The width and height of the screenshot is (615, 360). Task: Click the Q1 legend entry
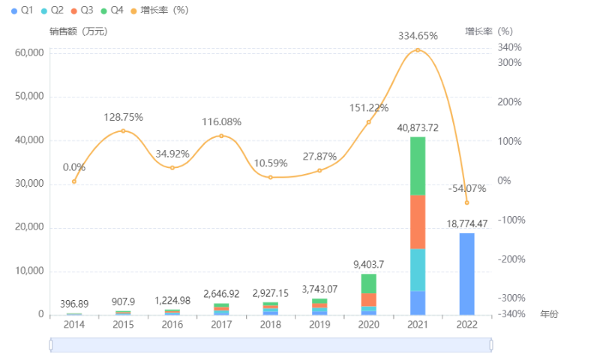tap(23, 10)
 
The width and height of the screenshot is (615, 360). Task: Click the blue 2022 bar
tap(466, 274)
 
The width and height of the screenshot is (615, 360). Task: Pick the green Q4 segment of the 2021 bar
tap(418, 166)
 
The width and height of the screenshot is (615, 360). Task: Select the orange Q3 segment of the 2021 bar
tap(418, 221)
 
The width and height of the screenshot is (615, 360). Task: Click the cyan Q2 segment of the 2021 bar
tap(418, 269)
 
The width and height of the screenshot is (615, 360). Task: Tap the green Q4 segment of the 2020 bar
tap(368, 283)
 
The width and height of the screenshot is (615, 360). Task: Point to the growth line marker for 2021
tap(418, 50)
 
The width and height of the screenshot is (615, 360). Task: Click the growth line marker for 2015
tap(123, 131)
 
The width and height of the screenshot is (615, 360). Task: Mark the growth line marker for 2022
tap(466, 202)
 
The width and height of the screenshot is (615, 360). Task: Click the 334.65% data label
tap(418, 35)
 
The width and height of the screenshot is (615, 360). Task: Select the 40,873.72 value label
tap(418, 127)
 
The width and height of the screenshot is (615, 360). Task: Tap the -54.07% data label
tap(466, 188)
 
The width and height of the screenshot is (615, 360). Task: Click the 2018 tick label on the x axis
tap(270, 325)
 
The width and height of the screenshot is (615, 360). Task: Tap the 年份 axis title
tap(549, 314)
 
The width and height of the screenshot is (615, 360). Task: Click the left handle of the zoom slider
tap(50, 345)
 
